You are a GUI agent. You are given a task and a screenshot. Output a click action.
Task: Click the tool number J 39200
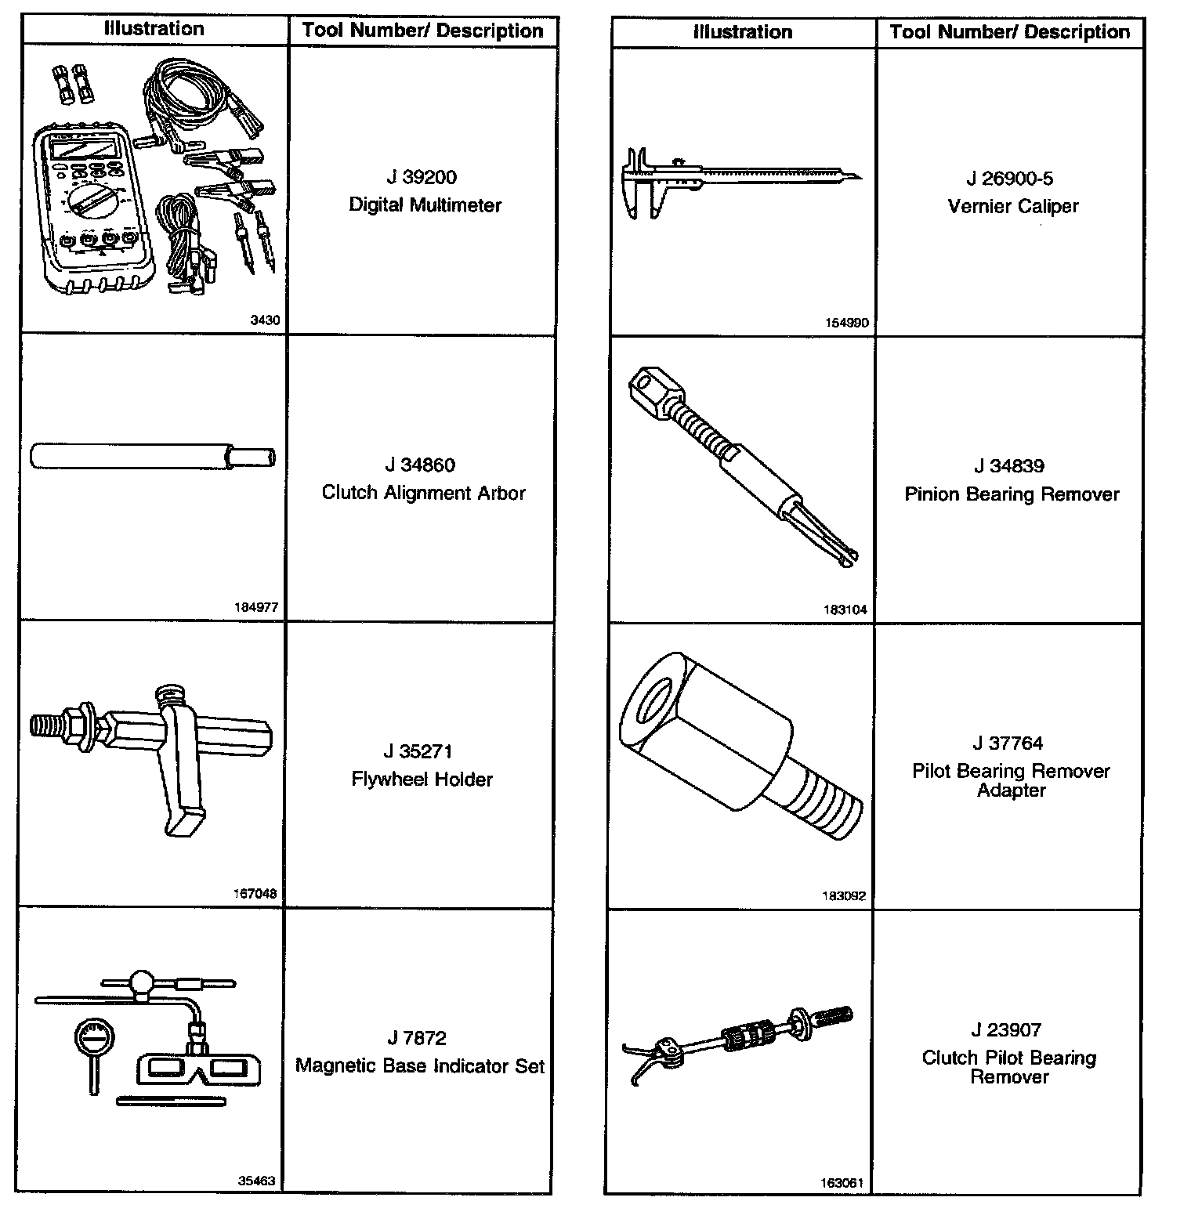click(x=422, y=177)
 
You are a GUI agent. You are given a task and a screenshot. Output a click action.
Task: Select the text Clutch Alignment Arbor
click(x=423, y=493)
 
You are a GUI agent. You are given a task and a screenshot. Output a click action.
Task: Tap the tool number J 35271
click(x=422, y=751)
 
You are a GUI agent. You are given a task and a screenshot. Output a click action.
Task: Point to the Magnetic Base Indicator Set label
click(x=420, y=1066)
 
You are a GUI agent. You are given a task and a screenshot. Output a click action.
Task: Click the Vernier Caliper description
click(x=1012, y=206)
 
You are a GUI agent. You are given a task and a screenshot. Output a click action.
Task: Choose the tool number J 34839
click(x=1009, y=466)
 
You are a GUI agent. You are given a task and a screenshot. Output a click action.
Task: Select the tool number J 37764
click(x=1009, y=743)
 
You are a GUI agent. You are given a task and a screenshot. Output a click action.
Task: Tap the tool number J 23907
click(x=1009, y=1029)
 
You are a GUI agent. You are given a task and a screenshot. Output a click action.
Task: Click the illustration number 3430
click(x=264, y=320)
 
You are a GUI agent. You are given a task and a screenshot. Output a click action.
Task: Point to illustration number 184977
click(x=255, y=607)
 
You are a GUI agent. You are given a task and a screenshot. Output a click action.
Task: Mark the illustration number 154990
click(x=846, y=323)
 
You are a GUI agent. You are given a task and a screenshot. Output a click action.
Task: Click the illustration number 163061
click(x=843, y=1183)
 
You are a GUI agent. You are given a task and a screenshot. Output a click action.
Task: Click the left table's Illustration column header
click(x=154, y=30)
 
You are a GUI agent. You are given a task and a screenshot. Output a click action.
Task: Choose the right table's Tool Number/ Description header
click(x=1009, y=32)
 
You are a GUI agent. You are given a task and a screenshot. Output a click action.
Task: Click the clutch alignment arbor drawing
click(x=153, y=457)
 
